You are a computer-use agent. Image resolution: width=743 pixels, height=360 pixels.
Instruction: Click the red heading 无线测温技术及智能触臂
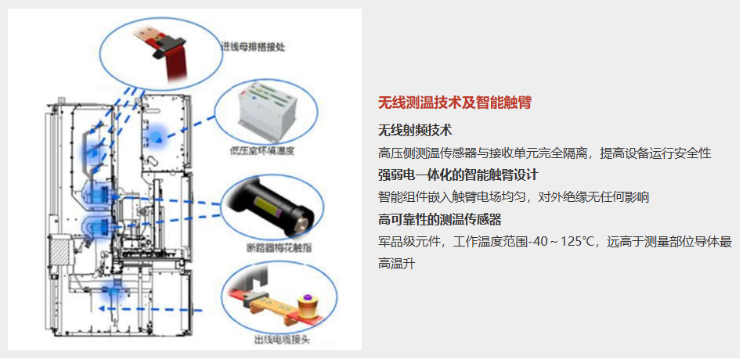454,103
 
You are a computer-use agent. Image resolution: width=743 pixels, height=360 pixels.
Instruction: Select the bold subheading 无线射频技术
415,130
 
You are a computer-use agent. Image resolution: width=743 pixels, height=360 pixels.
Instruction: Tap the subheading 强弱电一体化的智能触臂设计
458,175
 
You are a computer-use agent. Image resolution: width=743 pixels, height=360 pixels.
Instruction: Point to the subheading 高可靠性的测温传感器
440,219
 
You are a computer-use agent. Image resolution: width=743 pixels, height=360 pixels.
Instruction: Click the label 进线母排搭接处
254,47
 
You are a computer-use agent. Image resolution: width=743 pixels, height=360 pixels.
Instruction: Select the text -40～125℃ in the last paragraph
561,242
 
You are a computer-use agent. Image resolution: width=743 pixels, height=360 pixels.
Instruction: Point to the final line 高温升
397,264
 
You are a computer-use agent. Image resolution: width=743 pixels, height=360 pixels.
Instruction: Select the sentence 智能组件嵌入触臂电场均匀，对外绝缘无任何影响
513,197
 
